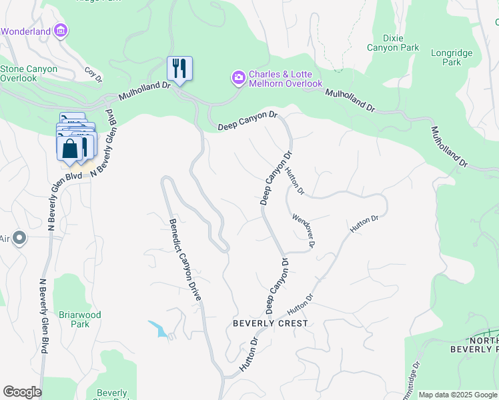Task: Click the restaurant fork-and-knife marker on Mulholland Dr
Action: tap(179, 68)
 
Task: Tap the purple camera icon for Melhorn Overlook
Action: tap(238, 78)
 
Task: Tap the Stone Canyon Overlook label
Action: tap(28, 73)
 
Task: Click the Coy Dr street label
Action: tap(93, 74)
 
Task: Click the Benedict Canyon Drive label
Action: tap(184, 260)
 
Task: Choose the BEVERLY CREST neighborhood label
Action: tap(270, 323)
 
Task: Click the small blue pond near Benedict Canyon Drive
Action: tap(159, 329)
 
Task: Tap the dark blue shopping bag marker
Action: tap(69, 149)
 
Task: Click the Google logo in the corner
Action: tap(22, 392)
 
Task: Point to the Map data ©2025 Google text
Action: tap(458, 395)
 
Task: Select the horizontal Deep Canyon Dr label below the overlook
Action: tap(247, 121)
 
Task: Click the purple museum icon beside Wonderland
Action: tap(61, 31)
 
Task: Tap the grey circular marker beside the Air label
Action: tap(19, 238)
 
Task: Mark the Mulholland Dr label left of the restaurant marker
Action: tap(141, 91)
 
